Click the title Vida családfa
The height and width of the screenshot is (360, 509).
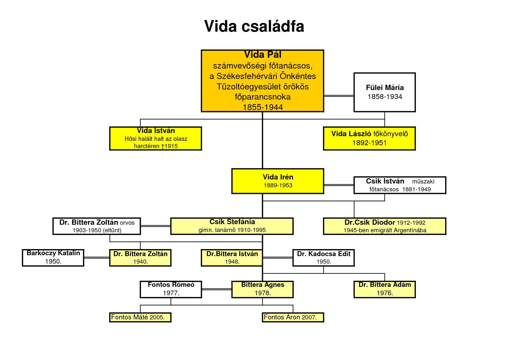[x=254, y=26]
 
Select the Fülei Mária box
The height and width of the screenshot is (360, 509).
[x=385, y=92]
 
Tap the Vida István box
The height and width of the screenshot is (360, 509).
[x=156, y=138]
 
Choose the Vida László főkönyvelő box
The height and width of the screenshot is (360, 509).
[x=369, y=138]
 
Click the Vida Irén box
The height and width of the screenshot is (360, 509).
[x=278, y=181]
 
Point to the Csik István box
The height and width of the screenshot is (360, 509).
[x=400, y=185]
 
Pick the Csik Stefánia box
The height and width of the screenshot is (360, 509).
[x=232, y=226]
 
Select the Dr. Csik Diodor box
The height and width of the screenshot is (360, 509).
[x=385, y=226]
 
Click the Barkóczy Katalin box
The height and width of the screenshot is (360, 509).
[x=53, y=258]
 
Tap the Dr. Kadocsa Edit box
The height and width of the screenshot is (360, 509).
[x=324, y=258]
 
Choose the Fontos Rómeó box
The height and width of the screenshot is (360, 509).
[x=171, y=289]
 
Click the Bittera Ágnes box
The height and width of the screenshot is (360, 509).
[x=263, y=289]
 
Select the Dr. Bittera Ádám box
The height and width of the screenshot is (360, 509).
[x=385, y=289]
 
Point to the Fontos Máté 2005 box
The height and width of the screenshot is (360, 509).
[x=140, y=317]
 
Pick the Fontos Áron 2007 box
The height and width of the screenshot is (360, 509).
[x=293, y=317]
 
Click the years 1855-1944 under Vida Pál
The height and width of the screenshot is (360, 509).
[x=263, y=107]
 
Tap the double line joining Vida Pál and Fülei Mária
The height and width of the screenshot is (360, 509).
[x=339, y=95]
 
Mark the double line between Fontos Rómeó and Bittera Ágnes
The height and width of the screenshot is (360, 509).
[x=216, y=289]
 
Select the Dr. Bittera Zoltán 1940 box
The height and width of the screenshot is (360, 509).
[x=140, y=258]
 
